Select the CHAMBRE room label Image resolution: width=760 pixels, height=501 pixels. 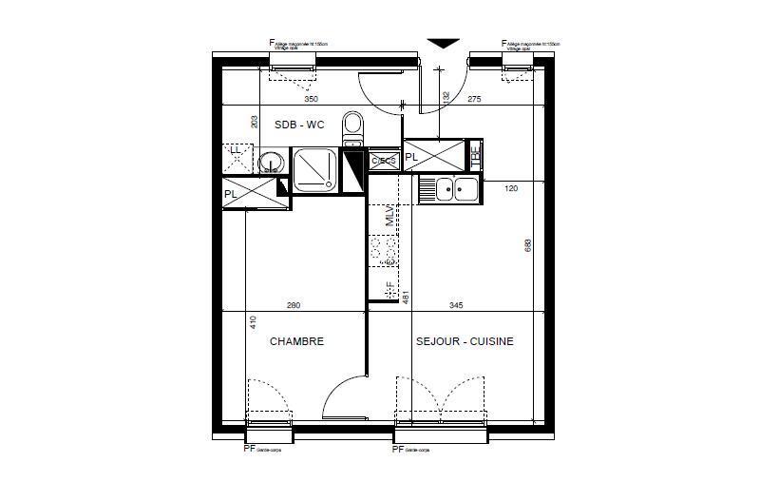coord(296,341)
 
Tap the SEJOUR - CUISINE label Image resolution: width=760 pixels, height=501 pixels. coord(465,341)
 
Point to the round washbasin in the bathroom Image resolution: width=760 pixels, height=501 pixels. coord(271,164)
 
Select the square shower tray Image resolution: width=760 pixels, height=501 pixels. coord(315,171)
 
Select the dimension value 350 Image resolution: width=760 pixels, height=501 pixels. coord(311,99)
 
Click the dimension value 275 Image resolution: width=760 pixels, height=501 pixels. coord(475,99)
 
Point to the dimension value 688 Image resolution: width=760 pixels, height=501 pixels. coord(528,245)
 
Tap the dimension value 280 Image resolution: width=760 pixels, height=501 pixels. coord(293,305)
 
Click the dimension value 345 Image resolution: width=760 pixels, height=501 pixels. coord(456,305)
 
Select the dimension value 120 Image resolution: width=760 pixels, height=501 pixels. coord(511,189)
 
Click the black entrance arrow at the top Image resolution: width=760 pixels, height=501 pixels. coord(443,44)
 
